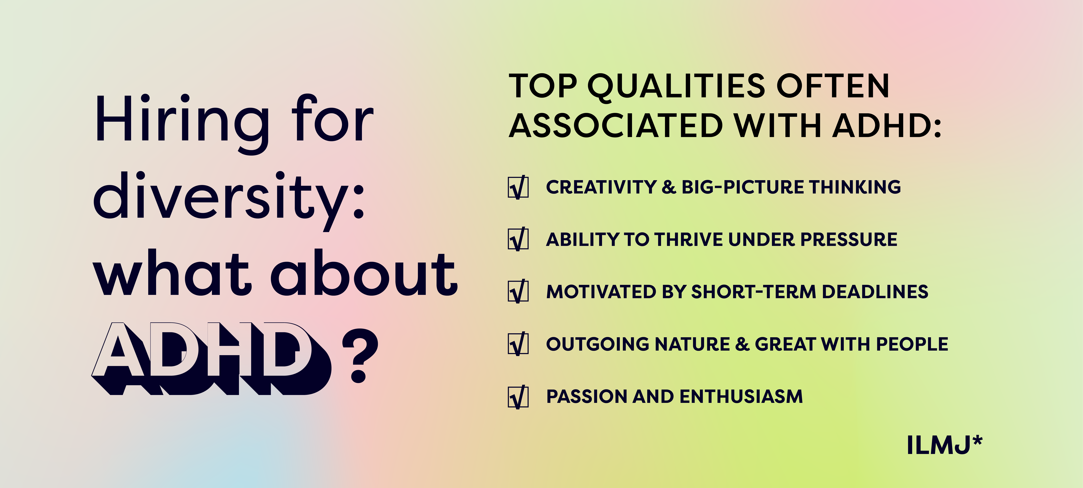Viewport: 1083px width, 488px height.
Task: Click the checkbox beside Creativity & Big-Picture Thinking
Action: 518,187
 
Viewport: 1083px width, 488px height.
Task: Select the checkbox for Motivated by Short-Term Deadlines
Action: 518,292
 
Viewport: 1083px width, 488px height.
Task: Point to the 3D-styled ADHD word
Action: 211,359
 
